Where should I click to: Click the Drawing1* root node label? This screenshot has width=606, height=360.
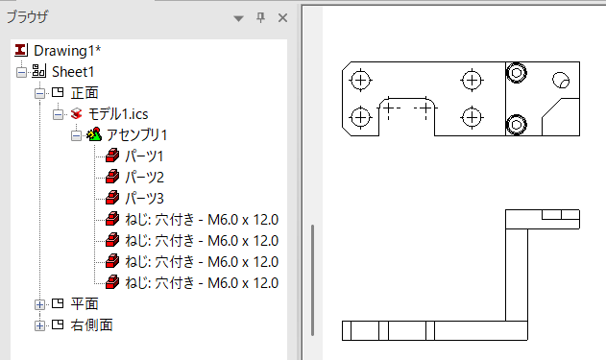click(67, 51)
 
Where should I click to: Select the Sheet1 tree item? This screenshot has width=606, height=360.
click(73, 72)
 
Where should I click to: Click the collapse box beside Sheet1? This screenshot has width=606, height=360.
click(22, 72)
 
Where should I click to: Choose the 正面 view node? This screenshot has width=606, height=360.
click(85, 93)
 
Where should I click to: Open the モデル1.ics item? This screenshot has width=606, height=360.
click(118, 114)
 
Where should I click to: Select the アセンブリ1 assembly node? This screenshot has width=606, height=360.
click(136, 135)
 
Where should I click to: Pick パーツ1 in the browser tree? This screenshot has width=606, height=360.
click(144, 156)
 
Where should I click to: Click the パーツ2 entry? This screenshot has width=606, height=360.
click(144, 178)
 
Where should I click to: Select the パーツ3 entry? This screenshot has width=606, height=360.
click(144, 199)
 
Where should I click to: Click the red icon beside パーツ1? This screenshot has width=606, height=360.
click(112, 156)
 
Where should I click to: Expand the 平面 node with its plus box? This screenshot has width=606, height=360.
click(39, 304)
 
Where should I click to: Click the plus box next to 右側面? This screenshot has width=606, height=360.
click(39, 325)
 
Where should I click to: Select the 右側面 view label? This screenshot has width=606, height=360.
click(91, 325)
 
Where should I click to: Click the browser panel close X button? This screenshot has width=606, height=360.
click(283, 18)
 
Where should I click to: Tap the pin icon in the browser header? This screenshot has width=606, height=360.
click(261, 17)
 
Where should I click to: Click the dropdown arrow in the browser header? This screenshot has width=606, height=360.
click(239, 18)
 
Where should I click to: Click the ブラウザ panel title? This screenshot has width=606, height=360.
click(28, 17)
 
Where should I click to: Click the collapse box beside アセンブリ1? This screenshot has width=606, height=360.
click(77, 135)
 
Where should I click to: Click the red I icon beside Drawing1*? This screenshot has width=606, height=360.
click(21, 50)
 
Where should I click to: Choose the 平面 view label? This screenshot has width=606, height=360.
click(85, 304)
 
